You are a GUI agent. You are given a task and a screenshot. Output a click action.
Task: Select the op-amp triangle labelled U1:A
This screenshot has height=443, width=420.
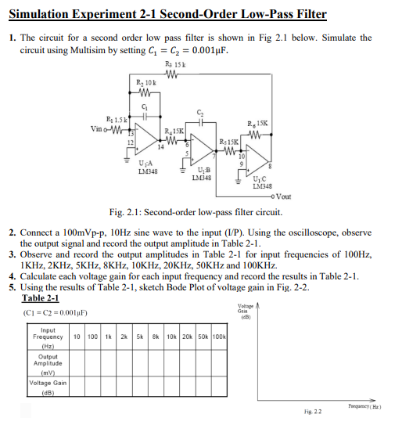point(147,143)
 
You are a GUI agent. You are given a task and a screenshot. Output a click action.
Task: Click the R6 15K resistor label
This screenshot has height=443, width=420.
point(257,124)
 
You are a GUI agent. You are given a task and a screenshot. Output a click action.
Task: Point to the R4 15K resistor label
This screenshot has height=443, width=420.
point(174,130)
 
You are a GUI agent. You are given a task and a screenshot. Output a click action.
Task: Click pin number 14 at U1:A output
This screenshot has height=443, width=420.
point(160,146)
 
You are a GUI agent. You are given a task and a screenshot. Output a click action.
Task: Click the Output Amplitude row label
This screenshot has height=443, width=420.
point(48,363)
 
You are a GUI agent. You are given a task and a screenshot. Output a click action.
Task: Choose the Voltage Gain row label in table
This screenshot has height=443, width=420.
point(48,387)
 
